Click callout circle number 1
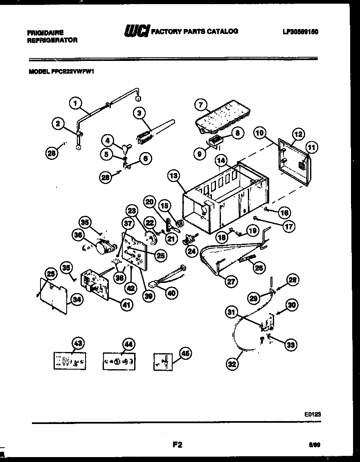tap(75, 103)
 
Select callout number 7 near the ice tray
tap(200, 105)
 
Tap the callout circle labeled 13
tap(174, 176)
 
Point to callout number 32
tap(232, 363)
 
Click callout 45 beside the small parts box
tap(186, 354)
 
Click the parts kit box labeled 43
tap(70, 361)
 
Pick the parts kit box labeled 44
tap(119, 361)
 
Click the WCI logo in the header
tap(136, 32)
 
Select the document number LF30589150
tap(300, 31)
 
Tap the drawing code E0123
tap(312, 414)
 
